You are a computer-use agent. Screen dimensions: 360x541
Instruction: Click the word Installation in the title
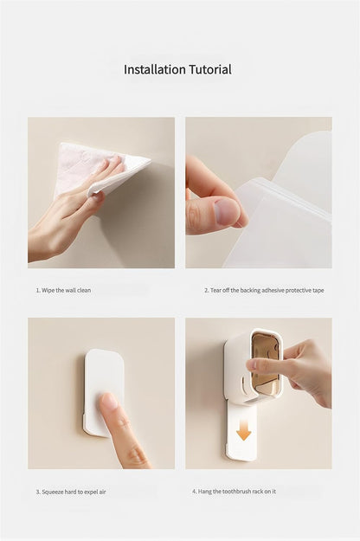[155, 69]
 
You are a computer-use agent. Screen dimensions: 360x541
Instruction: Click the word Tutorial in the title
[210, 69]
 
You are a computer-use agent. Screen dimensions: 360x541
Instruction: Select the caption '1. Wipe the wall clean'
[63, 290]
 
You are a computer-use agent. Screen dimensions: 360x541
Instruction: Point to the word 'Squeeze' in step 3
[53, 492]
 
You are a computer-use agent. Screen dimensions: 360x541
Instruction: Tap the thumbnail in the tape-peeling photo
[227, 210]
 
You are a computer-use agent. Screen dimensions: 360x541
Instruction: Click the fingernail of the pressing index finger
[109, 402]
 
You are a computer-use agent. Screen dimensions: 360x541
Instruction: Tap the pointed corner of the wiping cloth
[151, 160]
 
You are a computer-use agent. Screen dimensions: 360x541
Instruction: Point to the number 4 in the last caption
[194, 492]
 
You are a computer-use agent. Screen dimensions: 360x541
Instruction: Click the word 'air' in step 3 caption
[102, 492]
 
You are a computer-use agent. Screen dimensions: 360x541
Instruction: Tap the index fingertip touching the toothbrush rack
[253, 364]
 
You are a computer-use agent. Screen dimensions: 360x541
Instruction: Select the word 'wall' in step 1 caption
[71, 290]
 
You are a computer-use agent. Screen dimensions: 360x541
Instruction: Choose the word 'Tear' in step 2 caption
[215, 290]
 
